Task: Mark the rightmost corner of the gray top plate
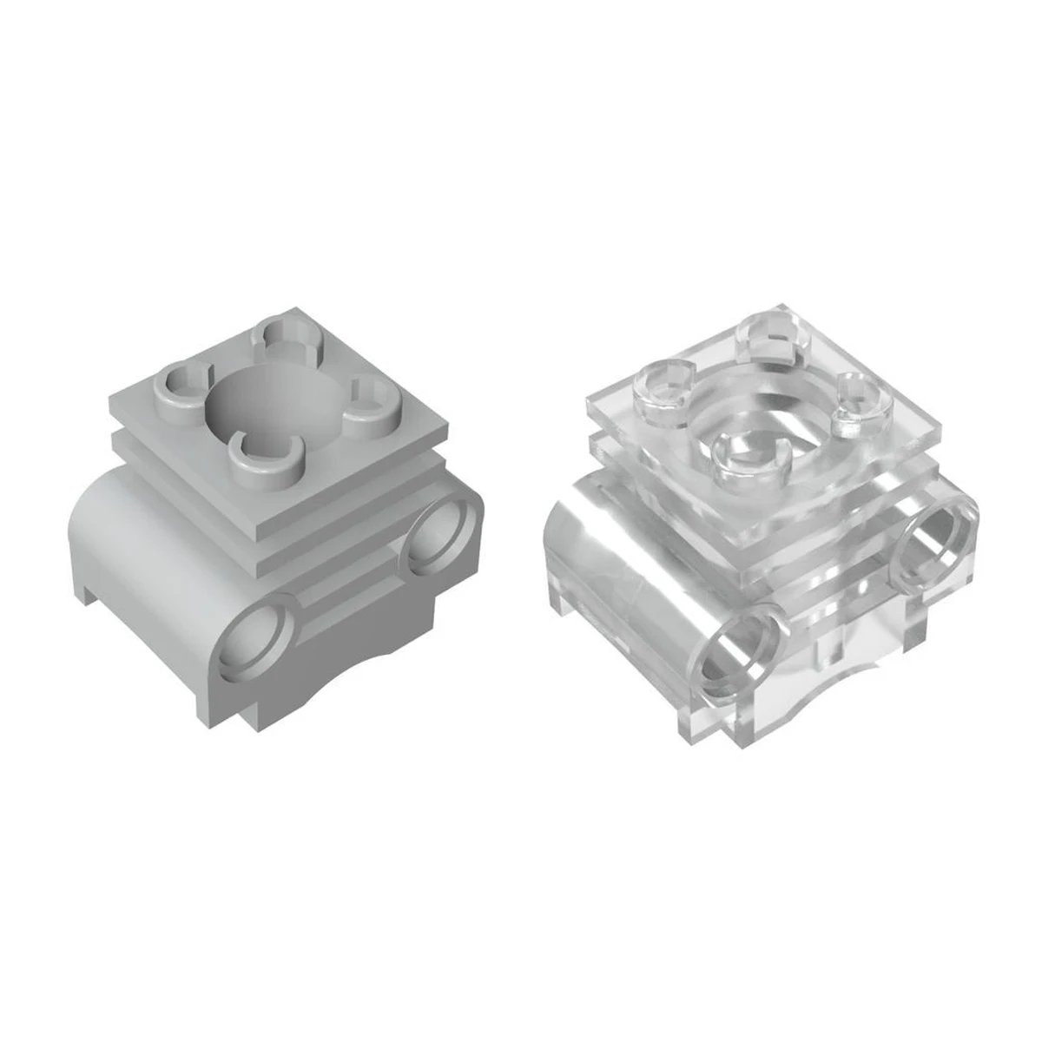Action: (x=452, y=423)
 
